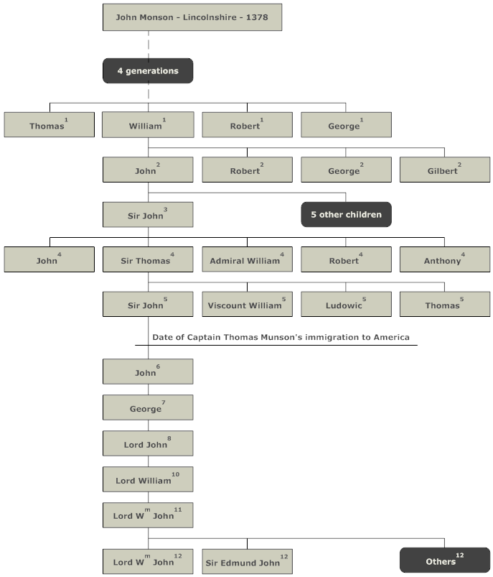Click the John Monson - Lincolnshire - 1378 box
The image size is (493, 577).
point(192,17)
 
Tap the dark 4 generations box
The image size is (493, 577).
point(148,70)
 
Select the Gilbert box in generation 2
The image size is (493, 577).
point(445,170)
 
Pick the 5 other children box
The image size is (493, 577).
point(346,215)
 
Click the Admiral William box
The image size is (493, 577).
point(247,259)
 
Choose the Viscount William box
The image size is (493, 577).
point(247,305)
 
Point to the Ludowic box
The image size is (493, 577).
point(346,305)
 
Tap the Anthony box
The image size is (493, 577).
point(445,259)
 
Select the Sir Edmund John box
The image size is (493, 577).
point(247,561)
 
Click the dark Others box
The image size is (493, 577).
point(445,560)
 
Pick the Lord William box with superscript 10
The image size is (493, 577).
point(148,479)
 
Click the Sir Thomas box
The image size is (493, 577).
point(148,259)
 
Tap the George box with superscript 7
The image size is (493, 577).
point(148,407)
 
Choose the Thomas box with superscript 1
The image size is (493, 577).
point(50,125)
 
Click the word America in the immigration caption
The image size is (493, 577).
point(392,338)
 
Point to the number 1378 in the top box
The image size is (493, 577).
point(257,17)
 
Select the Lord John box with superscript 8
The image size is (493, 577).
point(148,443)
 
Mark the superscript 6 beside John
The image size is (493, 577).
point(158,366)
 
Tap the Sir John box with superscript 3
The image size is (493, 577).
point(148,215)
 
